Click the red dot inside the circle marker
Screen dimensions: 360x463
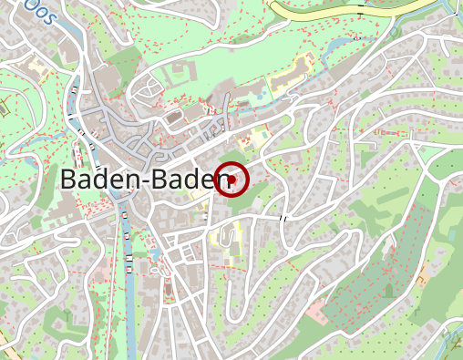pyautogui.click(x=232, y=180)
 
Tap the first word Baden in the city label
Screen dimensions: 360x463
pyautogui.click(x=98, y=180)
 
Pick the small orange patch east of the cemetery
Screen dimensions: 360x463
pyautogui.click(x=422, y=274)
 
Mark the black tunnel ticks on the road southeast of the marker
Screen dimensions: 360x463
pyautogui.click(x=283, y=219)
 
